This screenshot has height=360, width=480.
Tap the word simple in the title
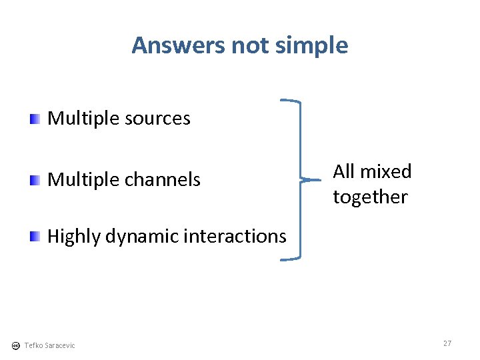click(x=313, y=45)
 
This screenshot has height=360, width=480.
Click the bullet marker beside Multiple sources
click(x=35, y=119)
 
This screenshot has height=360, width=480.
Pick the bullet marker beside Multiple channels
click(x=35, y=180)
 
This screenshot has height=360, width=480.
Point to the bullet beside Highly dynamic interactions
click(x=35, y=237)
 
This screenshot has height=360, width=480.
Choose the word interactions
click(x=234, y=236)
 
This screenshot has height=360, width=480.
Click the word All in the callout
click(x=344, y=171)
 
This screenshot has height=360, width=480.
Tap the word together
click(x=370, y=197)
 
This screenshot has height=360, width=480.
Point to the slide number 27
click(x=447, y=343)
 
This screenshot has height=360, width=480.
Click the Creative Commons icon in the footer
click(x=15, y=345)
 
